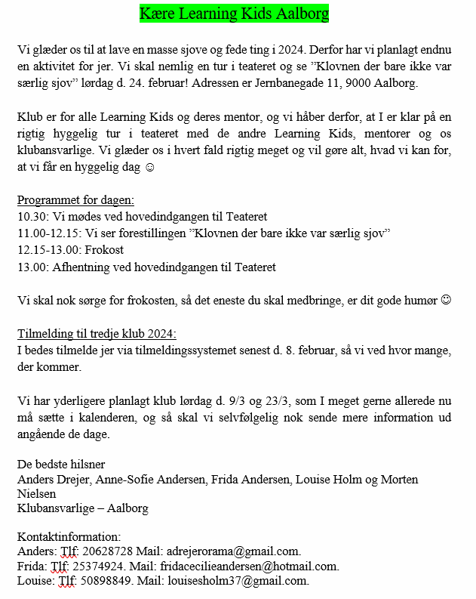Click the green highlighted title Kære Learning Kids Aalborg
pyautogui.click(x=234, y=14)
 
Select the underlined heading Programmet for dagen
pyautogui.click(x=75, y=200)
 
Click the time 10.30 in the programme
pyautogui.click(x=31, y=217)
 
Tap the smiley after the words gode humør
pyautogui.click(x=446, y=300)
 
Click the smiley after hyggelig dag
pyautogui.click(x=149, y=166)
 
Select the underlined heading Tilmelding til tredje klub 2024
pyautogui.click(x=97, y=334)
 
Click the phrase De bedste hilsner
pyautogui.click(x=61, y=463)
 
